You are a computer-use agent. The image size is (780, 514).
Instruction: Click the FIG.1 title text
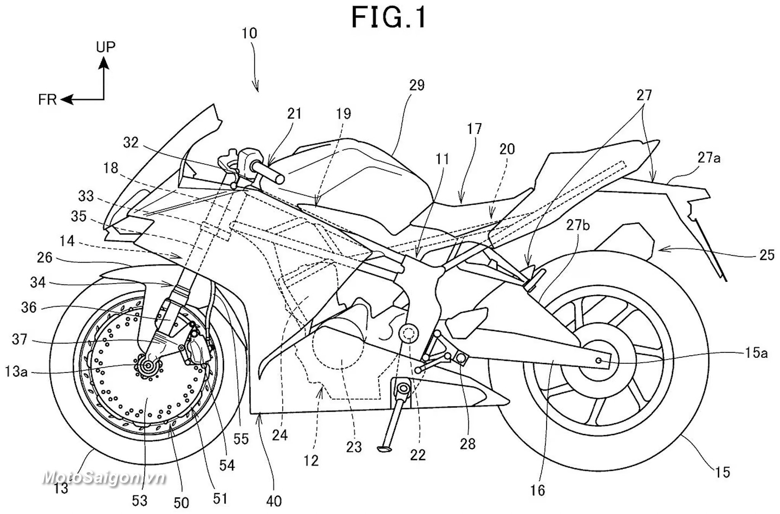click(388, 17)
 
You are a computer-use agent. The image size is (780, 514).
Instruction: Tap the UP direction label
click(105, 47)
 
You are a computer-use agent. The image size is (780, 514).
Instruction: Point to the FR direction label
click(47, 100)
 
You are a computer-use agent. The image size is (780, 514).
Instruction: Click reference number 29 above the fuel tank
click(417, 85)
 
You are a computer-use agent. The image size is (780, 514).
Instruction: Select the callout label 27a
click(709, 157)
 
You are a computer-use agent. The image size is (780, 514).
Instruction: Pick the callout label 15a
click(756, 353)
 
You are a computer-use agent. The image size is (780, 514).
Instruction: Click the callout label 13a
click(16, 371)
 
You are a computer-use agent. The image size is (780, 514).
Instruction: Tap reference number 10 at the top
click(249, 34)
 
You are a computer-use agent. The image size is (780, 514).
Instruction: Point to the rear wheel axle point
click(599, 360)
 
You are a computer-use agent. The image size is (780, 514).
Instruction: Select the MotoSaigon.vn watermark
click(104, 478)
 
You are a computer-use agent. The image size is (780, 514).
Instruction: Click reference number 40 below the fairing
click(274, 501)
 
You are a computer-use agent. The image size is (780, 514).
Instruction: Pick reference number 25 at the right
click(767, 255)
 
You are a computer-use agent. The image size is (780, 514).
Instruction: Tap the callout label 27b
click(578, 226)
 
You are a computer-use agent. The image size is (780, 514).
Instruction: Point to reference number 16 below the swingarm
click(537, 490)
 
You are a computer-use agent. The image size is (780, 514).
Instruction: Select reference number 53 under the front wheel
click(139, 500)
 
